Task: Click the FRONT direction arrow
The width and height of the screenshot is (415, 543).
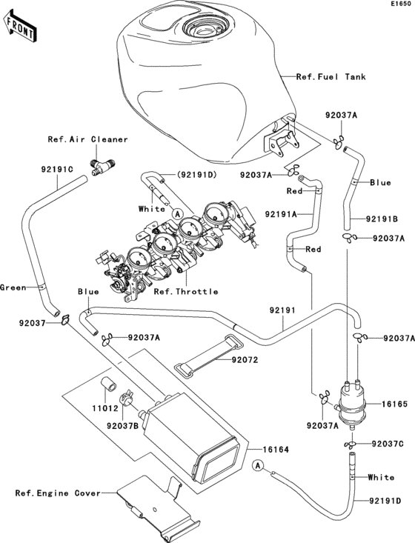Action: tap(19, 26)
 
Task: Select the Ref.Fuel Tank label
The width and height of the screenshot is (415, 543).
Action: tap(331, 76)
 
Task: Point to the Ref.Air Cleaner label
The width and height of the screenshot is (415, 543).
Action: tap(87, 139)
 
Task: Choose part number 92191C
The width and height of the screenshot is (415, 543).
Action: tap(57, 170)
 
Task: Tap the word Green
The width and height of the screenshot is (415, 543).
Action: tap(13, 287)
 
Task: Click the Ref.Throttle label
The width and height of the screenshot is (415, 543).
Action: tap(186, 292)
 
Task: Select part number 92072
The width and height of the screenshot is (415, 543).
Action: tap(245, 360)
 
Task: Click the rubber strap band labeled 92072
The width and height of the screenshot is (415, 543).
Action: tap(208, 357)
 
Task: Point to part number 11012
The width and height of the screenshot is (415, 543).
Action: tap(105, 408)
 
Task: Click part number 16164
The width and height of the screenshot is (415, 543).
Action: tap(276, 450)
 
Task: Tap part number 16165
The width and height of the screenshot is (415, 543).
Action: tap(394, 404)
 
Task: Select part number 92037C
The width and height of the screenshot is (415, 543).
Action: tap(388, 444)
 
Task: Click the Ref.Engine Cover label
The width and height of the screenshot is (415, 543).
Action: tap(58, 493)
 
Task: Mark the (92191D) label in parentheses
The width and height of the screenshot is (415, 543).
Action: tap(196, 175)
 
